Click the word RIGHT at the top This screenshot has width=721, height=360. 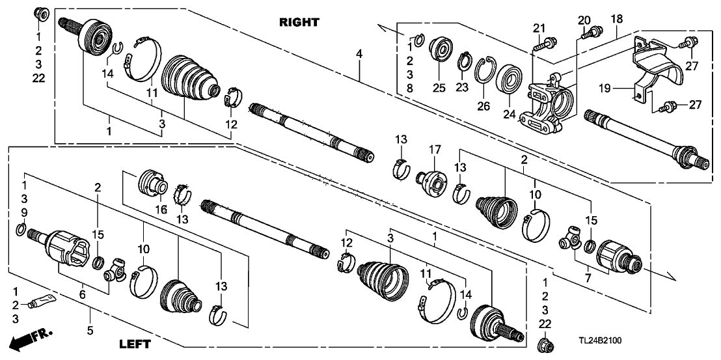tap(299, 22)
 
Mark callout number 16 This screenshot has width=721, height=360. tap(163, 209)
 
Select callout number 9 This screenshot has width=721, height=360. tap(25, 213)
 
